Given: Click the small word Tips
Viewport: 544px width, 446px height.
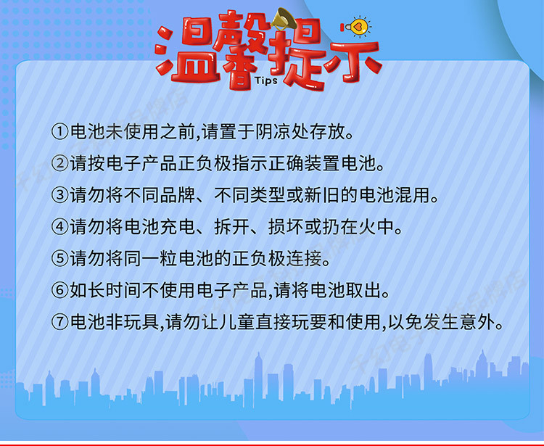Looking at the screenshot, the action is click(x=266, y=80).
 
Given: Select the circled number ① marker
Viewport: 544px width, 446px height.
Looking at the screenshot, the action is click(x=60, y=132).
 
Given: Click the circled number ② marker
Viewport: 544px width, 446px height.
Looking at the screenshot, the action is click(x=60, y=163).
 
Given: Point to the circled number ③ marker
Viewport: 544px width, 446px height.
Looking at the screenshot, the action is click(x=60, y=195).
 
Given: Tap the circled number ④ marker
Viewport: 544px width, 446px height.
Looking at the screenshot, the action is click(x=60, y=227).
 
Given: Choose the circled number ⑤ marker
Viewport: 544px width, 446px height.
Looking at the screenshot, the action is click(x=60, y=258).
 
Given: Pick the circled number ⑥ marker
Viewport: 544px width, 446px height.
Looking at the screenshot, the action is click(x=60, y=290).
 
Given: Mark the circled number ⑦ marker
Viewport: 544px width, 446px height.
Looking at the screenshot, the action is click(x=60, y=322).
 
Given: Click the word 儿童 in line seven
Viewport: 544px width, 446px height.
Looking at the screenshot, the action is click(x=238, y=322).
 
